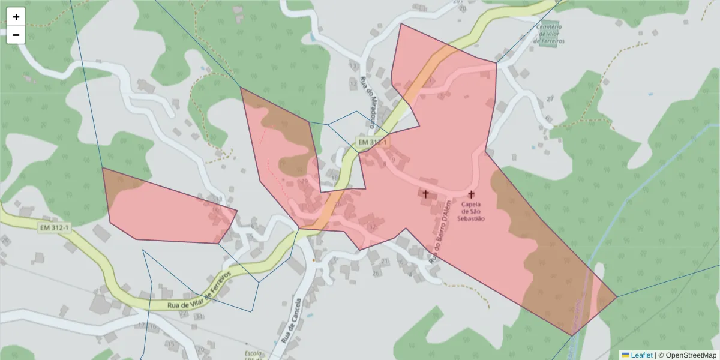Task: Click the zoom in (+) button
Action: [16, 17]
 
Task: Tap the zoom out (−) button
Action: [16, 35]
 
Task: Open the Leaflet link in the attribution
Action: [641, 355]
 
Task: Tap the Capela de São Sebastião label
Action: [471, 211]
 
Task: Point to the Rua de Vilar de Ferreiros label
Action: [199, 291]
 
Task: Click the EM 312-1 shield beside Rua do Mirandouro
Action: [372, 142]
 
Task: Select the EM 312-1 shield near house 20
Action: [54, 228]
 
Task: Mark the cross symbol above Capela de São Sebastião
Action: [471, 194]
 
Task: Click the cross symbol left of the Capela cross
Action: [426, 194]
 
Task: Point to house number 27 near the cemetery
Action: [550, 99]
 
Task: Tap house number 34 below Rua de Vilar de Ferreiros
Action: [199, 316]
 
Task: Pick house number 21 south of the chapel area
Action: [385, 262]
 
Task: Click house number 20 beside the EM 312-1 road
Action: [5, 240]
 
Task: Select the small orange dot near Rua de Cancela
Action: [313, 260]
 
